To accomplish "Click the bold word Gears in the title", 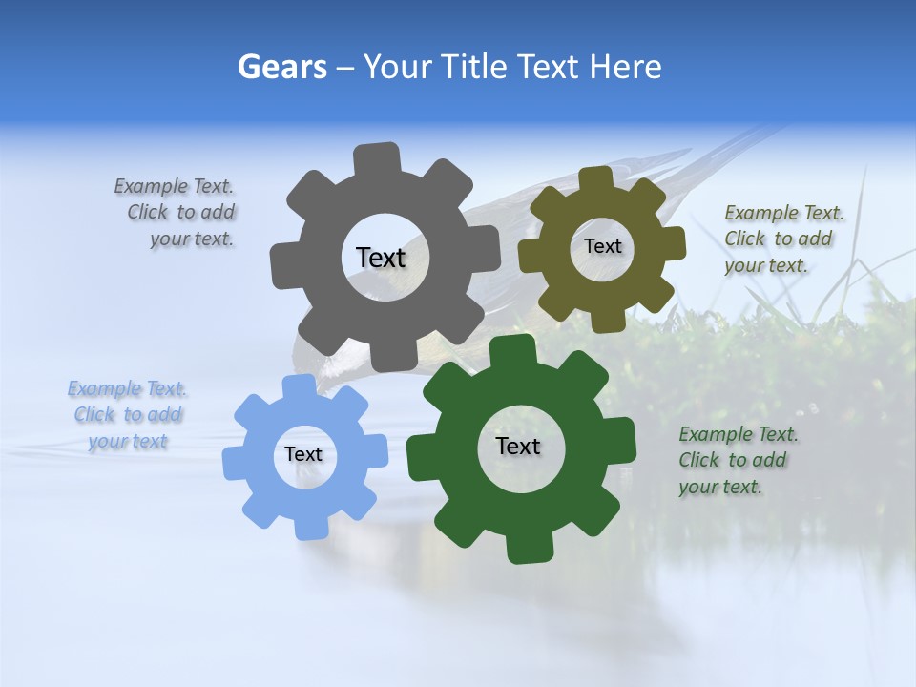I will [282, 67].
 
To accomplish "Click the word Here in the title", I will [625, 67].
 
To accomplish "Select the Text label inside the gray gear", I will [381, 258].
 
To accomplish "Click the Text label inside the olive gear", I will [603, 246].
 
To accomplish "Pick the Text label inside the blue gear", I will [303, 455].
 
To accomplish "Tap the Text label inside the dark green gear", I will [518, 446].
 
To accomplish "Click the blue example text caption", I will [128, 415].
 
